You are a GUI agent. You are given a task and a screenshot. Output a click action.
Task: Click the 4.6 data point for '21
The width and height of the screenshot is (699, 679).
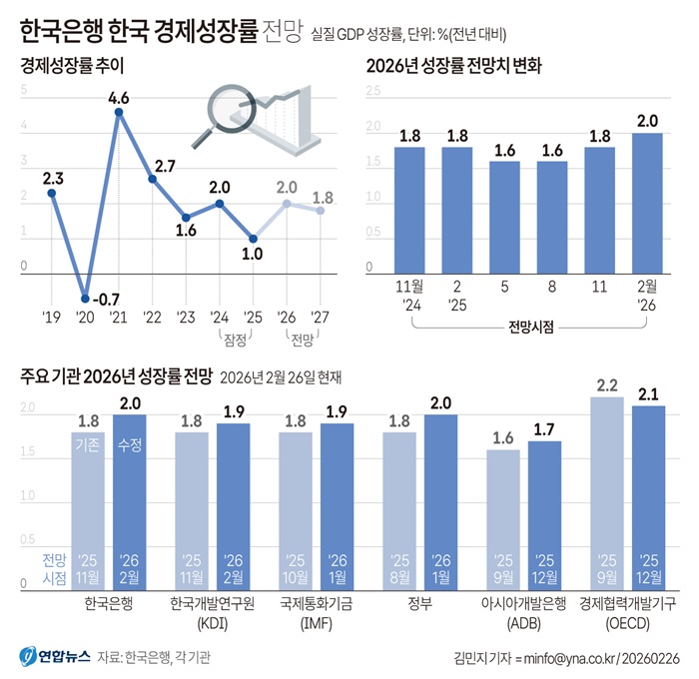coord(119,113)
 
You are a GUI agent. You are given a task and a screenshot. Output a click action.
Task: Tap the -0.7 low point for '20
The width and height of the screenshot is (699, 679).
coord(86,296)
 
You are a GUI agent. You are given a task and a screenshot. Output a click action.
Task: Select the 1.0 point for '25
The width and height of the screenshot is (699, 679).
coord(253,239)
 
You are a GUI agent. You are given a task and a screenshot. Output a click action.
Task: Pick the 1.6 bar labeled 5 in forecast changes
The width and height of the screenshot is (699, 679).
coord(504,216)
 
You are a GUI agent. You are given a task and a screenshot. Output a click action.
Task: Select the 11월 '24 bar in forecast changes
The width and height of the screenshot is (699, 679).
coord(409,209)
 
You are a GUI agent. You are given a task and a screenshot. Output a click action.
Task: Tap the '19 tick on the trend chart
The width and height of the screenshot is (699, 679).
coord(52,319)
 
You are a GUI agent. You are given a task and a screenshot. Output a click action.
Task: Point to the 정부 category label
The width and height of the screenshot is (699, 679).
coord(420,604)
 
